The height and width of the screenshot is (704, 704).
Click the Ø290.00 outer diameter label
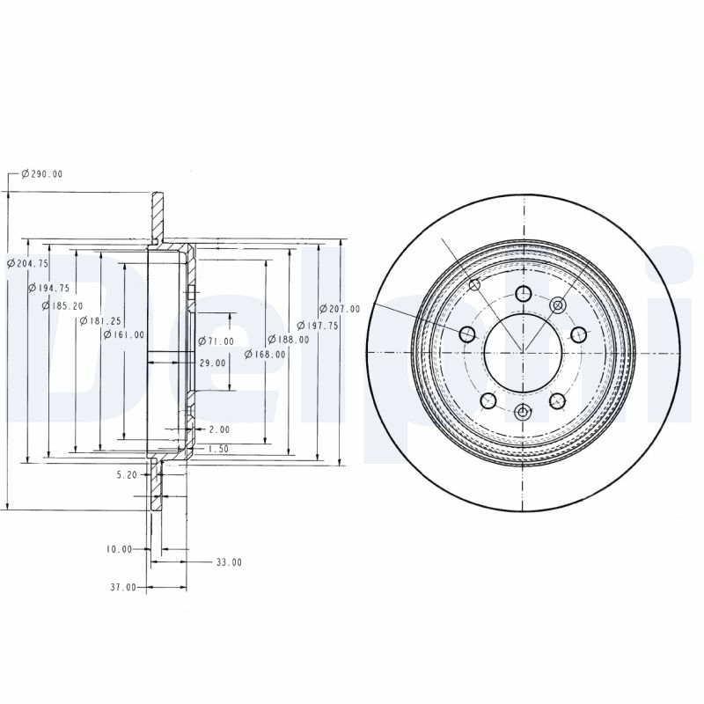point(41,173)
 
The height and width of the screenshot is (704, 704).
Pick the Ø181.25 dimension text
point(99,321)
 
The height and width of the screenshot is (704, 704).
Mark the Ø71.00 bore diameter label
point(216,341)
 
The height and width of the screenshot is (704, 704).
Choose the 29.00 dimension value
point(212,362)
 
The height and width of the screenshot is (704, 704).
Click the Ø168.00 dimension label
point(265,354)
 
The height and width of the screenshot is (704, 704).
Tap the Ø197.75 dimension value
point(319,325)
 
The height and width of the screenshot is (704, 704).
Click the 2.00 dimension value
point(219,429)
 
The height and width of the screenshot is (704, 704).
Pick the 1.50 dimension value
point(218,449)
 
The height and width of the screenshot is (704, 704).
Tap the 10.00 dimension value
point(119,549)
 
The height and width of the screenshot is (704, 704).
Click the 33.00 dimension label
point(228,561)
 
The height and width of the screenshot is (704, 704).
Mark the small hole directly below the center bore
point(523,412)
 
